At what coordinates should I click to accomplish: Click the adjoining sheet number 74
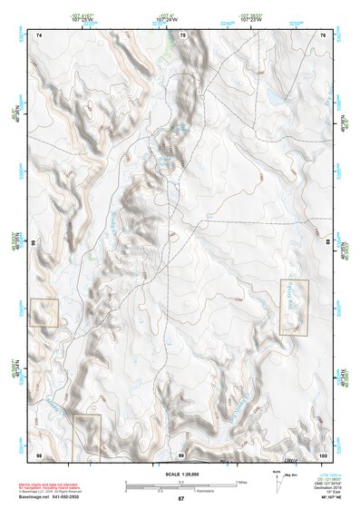[x=39, y=35]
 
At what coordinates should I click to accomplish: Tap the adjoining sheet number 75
[x=181, y=35]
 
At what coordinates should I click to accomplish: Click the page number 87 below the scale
[x=180, y=499]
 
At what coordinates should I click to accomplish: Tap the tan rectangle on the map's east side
[x=294, y=308]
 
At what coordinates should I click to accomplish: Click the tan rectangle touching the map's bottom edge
[x=86, y=436]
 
